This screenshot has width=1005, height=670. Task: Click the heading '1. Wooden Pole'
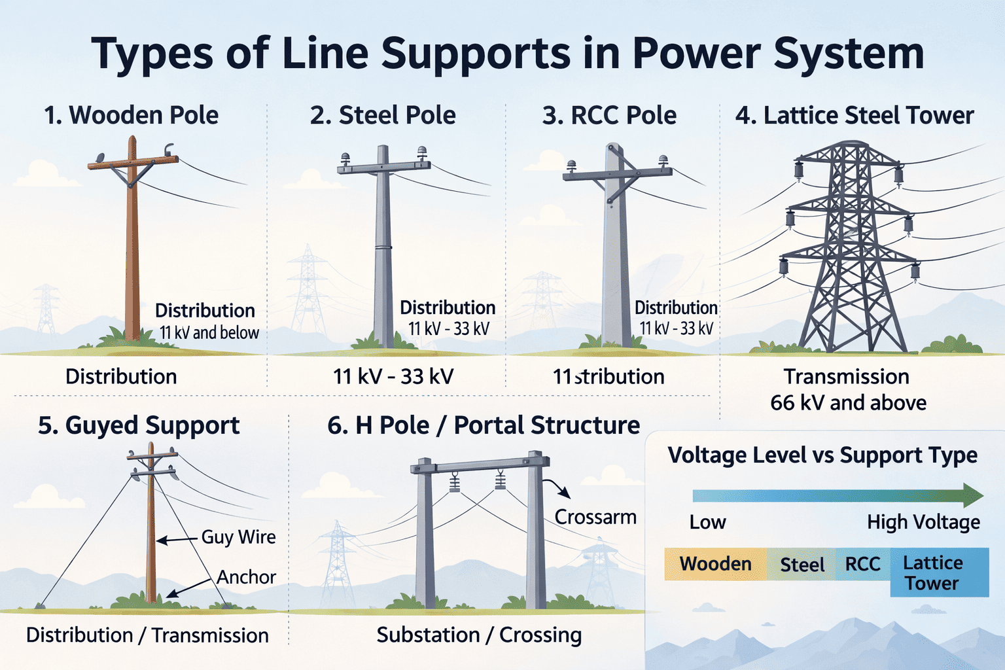[131, 115]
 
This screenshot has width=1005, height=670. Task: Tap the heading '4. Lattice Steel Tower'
[855, 115]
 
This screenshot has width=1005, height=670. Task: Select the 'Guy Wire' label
[238, 537]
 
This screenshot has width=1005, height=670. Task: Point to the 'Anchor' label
[246, 577]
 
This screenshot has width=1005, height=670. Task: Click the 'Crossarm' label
[595, 517]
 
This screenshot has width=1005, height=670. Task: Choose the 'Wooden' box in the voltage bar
[715, 564]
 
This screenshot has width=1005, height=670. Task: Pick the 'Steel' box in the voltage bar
[802, 565]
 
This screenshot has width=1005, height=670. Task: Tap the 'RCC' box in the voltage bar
[862, 564]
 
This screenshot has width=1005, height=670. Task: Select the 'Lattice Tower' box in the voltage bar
[938, 573]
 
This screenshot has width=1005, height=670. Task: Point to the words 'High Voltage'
[923, 522]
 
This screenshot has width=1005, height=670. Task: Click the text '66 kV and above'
[848, 402]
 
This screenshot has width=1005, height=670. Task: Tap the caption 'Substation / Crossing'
[479, 635]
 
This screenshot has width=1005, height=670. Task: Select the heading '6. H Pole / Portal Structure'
[484, 425]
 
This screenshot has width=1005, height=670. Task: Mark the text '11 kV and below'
[209, 333]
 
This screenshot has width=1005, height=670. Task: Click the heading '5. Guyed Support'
[139, 425]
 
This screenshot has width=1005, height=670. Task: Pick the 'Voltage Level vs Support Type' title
[822, 455]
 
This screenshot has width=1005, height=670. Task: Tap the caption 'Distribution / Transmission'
[147, 635]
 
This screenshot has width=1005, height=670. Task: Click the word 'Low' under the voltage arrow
[707, 522]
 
